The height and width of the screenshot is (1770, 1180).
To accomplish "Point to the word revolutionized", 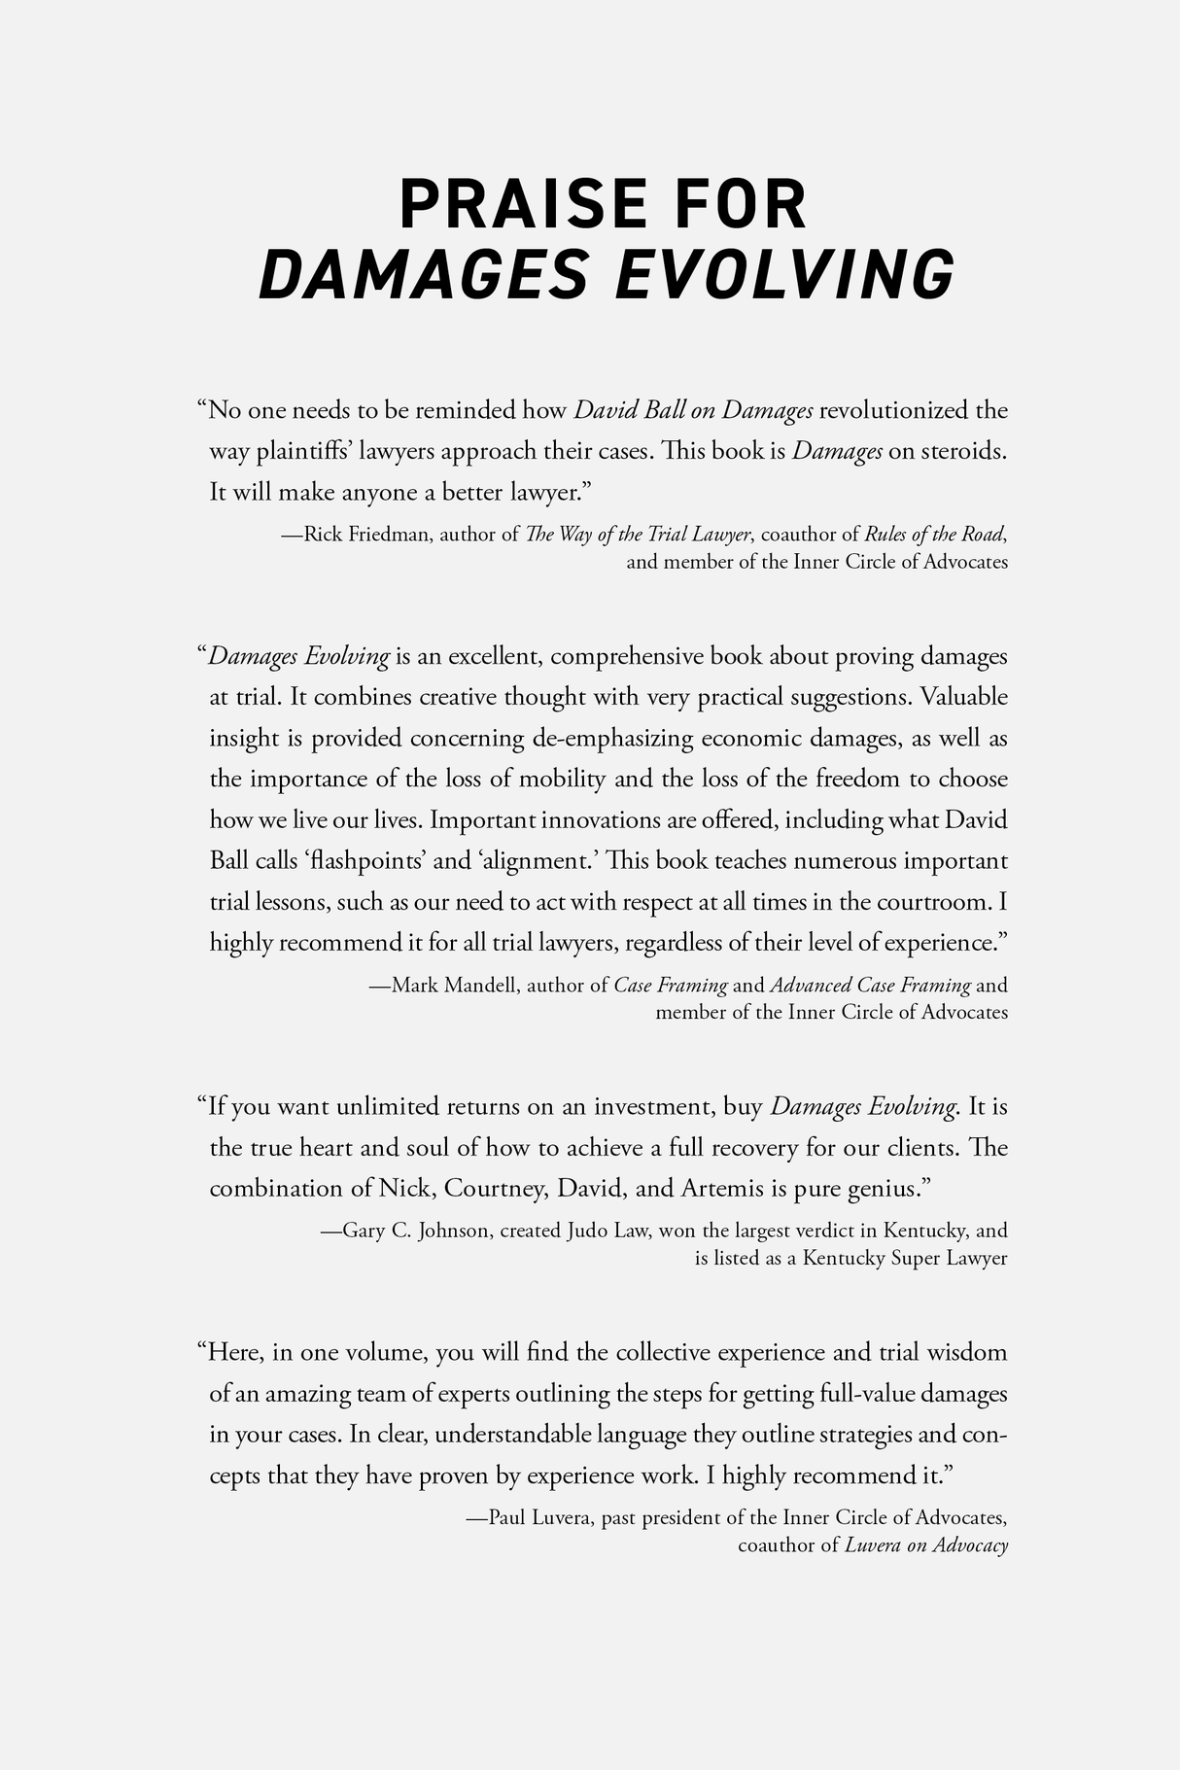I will (894, 410).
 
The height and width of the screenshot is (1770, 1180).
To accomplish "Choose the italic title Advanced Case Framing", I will (870, 986).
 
